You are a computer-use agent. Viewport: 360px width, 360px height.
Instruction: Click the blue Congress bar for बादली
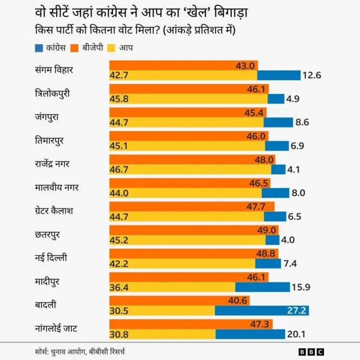click(x=262, y=310)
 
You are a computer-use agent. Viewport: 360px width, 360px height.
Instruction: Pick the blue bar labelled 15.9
click(x=262, y=287)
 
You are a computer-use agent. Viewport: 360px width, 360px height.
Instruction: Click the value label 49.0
click(x=267, y=230)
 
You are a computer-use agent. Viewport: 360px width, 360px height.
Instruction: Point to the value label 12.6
click(x=311, y=75)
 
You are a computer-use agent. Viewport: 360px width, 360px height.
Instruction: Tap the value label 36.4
click(x=119, y=287)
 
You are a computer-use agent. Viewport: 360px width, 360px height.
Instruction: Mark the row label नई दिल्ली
click(x=51, y=258)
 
